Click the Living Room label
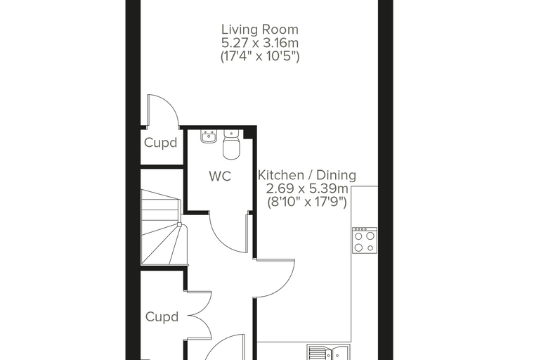[x=260, y=30]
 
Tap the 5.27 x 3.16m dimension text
[x=260, y=44]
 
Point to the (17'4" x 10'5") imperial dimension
[x=260, y=56]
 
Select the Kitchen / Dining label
[x=307, y=175]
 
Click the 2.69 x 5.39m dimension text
[x=307, y=188]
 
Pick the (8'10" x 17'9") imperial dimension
[x=307, y=202]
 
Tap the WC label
[x=220, y=176]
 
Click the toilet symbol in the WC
[x=231, y=144]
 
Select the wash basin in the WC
[x=209, y=136]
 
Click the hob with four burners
[x=365, y=240]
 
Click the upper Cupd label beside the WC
[x=161, y=143]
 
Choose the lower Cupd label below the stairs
[x=162, y=317]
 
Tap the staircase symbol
[x=164, y=227]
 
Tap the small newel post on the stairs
[x=179, y=225]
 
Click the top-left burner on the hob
[x=358, y=236]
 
